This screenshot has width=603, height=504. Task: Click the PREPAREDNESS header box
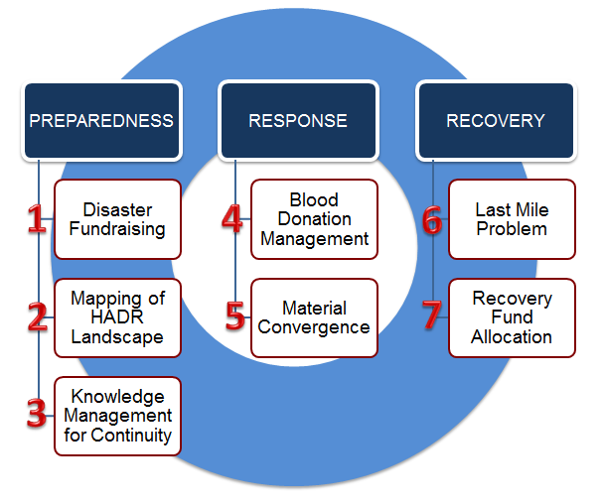pyautogui.click(x=102, y=121)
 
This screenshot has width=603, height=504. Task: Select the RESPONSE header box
pyautogui.click(x=298, y=121)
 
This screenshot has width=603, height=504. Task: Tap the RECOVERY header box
pyautogui.click(x=496, y=121)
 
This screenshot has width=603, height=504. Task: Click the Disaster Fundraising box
pyautogui.click(x=117, y=219)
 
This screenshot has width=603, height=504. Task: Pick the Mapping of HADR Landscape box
pyautogui.click(x=117, y=318)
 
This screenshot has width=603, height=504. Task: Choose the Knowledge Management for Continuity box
pyautogui.click(x=117, y=417)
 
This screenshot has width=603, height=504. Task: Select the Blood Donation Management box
pyautogui.click(x=315, y=219)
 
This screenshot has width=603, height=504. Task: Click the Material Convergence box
pyautogui.click(x=315, y=318)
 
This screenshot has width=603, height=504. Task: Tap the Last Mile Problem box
pyautogui.click(x=513, y=219)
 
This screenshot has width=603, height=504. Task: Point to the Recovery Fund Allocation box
pyautogui.click(x=513, y=318)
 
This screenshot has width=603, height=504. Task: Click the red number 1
pyautogui.click(x=37, y=218)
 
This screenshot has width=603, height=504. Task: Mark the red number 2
pyautogui.click(x=38, y=316)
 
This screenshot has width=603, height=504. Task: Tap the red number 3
pyautogui.click(x=37, y=413)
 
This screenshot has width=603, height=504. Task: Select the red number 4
pyautogui.click(x=232, y=218)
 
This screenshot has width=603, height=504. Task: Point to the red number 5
pyautogui.click(x=235, y=315)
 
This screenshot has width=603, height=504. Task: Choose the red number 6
pyautogui.click(x=432, y=219)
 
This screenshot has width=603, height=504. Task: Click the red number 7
pyautogui.click(x=432, y=315)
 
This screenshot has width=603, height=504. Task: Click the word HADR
pyautogui.click(x=117, y=317)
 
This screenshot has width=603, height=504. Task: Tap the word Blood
pyautogui.click(x=314, y=199)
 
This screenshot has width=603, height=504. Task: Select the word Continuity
pyautogui.click(x=131, y=436)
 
